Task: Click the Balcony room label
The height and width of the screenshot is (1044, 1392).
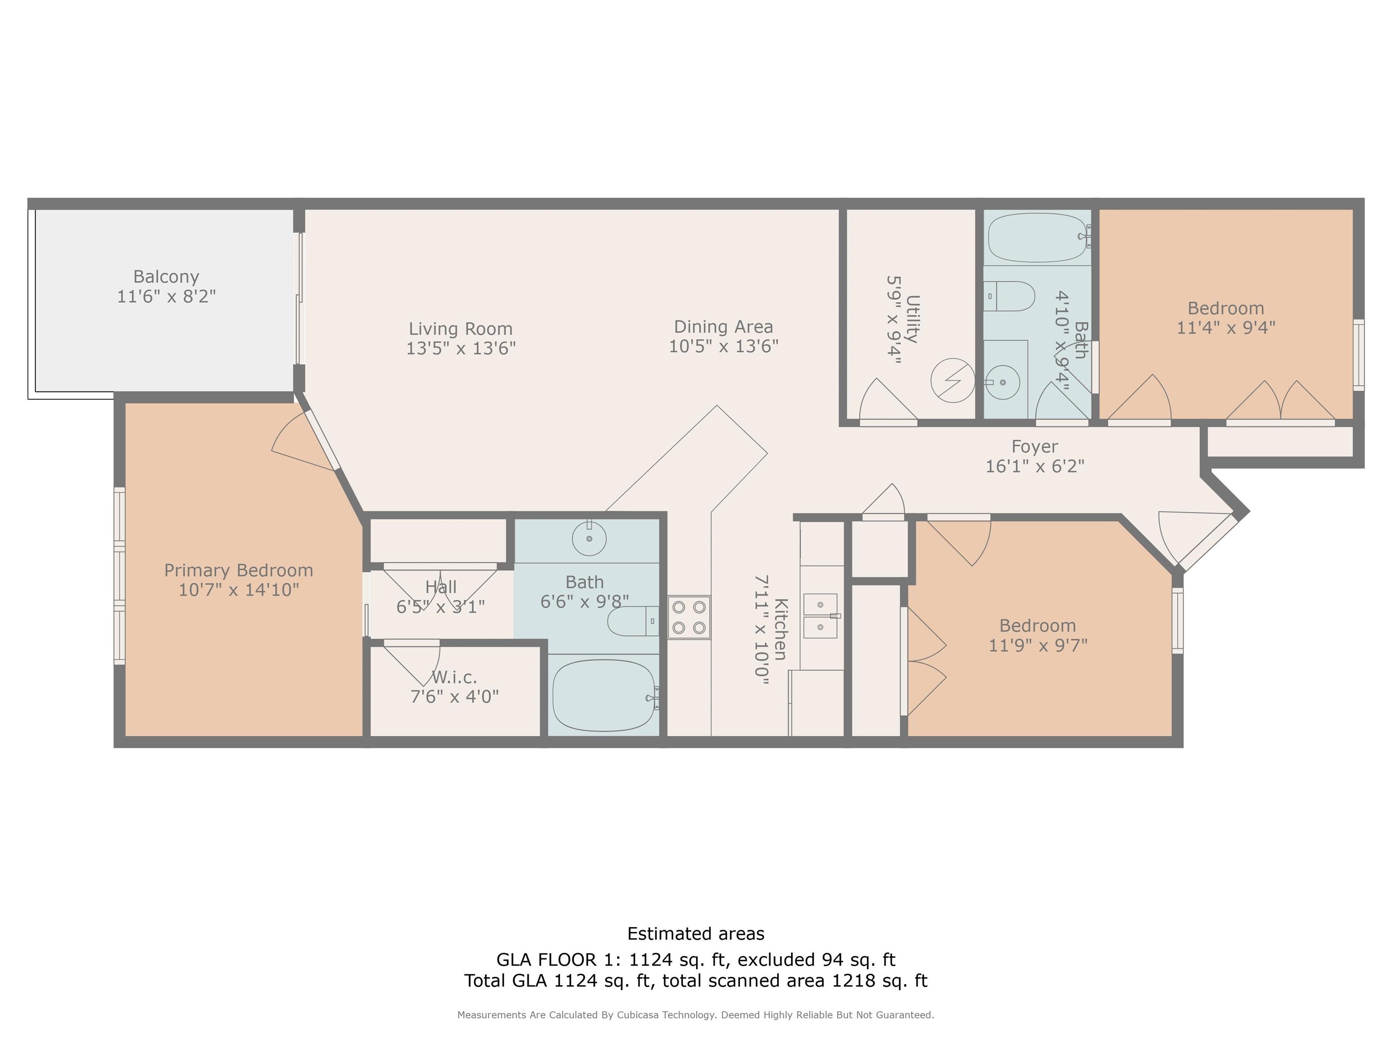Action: [x=166, y=277]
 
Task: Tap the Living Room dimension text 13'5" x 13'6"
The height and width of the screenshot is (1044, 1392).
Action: [x=461, y=348]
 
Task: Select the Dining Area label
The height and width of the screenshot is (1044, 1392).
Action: [x=723, y=327]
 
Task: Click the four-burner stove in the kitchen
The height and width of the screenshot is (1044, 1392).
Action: [x=689, y=617]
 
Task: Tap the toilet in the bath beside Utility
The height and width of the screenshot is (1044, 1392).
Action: [x=1009, y=296]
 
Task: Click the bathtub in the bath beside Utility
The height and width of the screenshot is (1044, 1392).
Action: [x=1039, y=237]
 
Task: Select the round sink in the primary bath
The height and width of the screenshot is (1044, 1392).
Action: [x=589, y=538]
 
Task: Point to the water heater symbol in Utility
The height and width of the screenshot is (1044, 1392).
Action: [x=953, y=380]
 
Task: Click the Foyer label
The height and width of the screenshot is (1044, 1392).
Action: [x=1034, y=446]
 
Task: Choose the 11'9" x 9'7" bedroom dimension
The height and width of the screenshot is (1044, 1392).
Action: [x=1038, y=645]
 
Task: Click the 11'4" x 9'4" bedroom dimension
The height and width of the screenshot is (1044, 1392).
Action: [x=1226, y=327]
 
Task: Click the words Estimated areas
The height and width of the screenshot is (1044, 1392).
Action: [x=696, y=934]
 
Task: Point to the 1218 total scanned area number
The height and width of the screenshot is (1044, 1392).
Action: [x=855, y=981]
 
